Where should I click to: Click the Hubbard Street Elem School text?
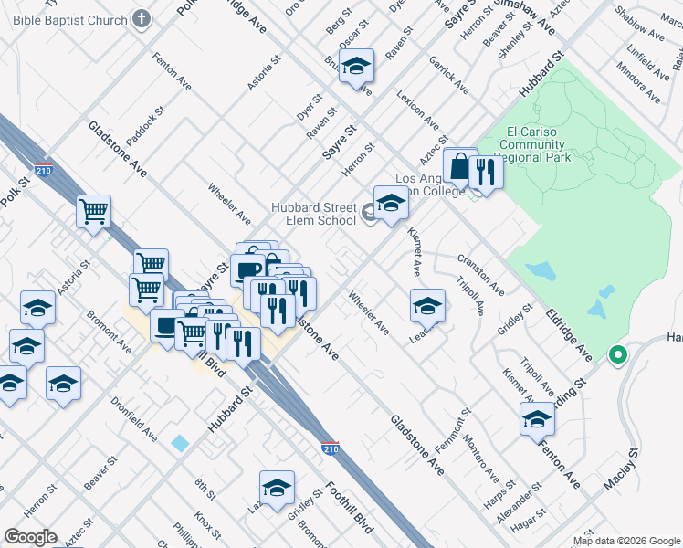click(313, 214)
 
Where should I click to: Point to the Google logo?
click(30, 537)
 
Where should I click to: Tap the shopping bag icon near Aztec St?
click(459, 167)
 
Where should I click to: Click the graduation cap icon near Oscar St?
click(356, 65)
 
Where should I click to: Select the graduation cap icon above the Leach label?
click(426, 305)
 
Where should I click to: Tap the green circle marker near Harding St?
click(618, 355)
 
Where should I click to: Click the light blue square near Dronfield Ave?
click(180, 443)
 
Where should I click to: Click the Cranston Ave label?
click(480, 274)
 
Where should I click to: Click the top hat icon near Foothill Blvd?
click(167, 325)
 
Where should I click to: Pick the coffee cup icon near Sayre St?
click(247, 269)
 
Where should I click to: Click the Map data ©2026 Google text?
click(625, 541)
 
